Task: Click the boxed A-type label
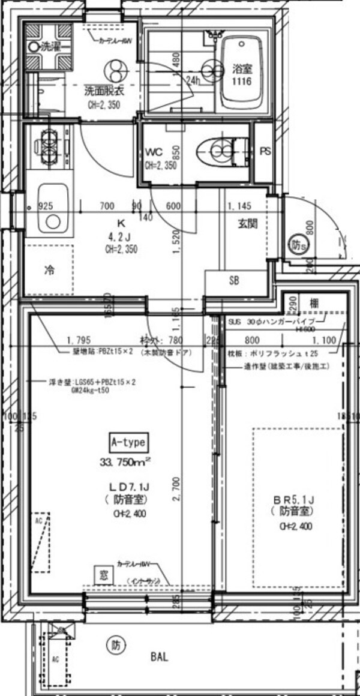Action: point(127,443)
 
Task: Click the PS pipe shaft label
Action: point(265,151)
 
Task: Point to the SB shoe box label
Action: point(235,281)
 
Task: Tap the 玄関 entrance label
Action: point(247,225)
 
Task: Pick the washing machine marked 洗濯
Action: point(48,46)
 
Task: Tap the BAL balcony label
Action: point(159,656)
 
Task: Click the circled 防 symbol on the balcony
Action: point(116,646)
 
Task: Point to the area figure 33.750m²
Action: point(125,461)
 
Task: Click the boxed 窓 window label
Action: point(101,574)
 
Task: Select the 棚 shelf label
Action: point(314,303)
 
